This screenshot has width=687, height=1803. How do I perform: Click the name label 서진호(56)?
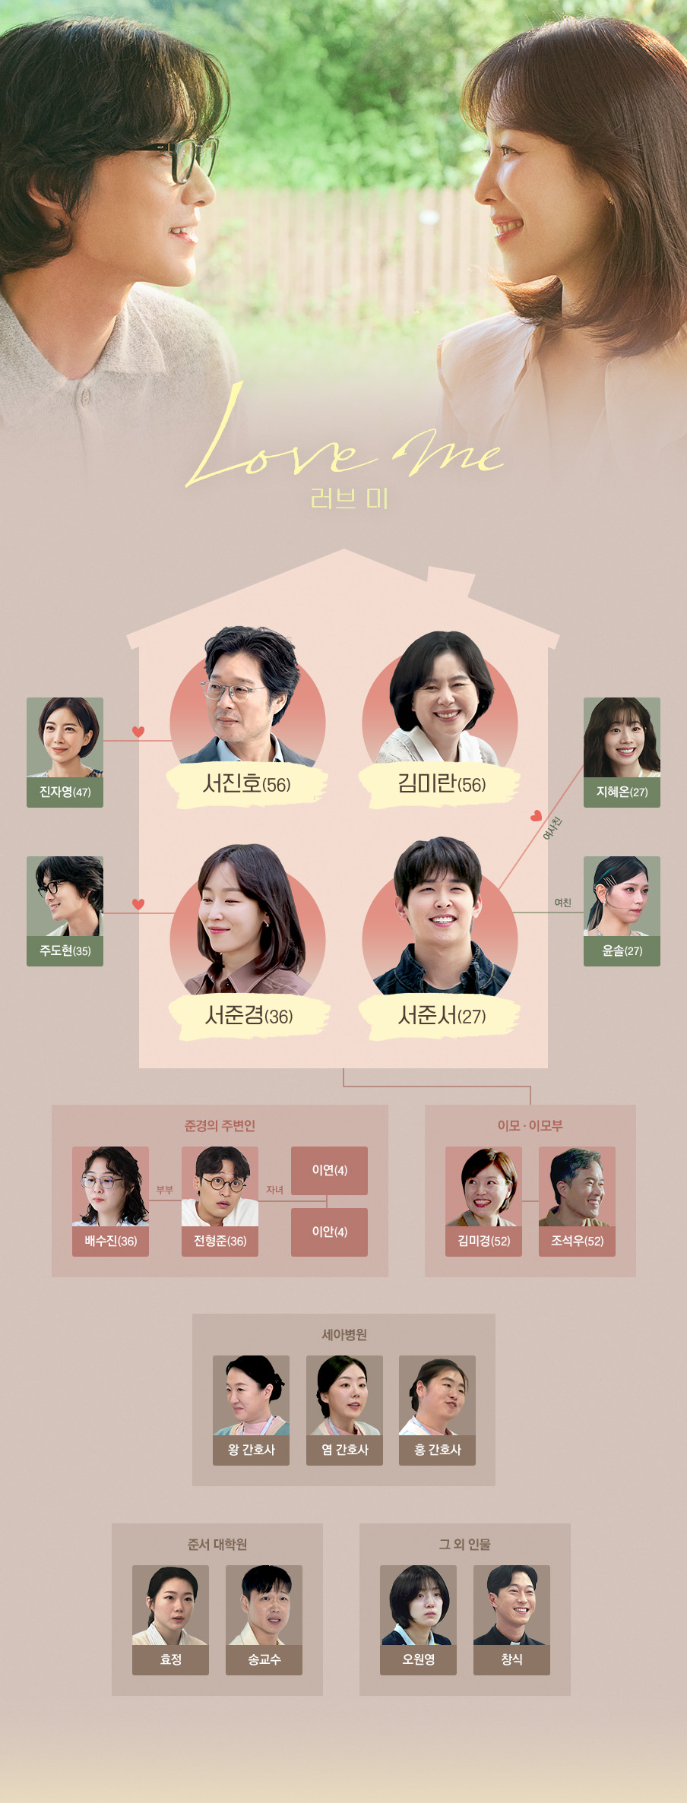point(247,784)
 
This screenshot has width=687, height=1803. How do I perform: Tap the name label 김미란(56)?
point(441,784)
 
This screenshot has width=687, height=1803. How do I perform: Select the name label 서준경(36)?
point(249,1016)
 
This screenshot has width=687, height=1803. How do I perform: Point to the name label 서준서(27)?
point(441,1016)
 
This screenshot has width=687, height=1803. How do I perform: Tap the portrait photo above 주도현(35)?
point(65,896)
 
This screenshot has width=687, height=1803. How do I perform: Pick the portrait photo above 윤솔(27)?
point(622,896)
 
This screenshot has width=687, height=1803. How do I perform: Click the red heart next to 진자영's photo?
point(138,732)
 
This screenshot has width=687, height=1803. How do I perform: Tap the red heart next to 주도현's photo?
point(138,904)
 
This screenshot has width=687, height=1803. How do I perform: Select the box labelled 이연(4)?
point(329,1170)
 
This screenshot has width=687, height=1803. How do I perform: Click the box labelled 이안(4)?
point(329,1232)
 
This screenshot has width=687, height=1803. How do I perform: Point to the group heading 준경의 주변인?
point(220,1125)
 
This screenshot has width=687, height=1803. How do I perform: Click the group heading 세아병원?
point(343,1334)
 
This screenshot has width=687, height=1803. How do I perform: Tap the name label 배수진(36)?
point(110,1241)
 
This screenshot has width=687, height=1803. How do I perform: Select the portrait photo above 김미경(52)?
point(483,1186)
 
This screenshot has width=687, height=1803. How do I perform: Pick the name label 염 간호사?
point(344,1450)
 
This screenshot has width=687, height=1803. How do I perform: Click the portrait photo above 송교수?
point(264,1605)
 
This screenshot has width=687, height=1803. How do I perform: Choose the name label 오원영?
point(418,1659)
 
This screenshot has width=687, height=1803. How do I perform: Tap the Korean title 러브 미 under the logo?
point(350,498)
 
